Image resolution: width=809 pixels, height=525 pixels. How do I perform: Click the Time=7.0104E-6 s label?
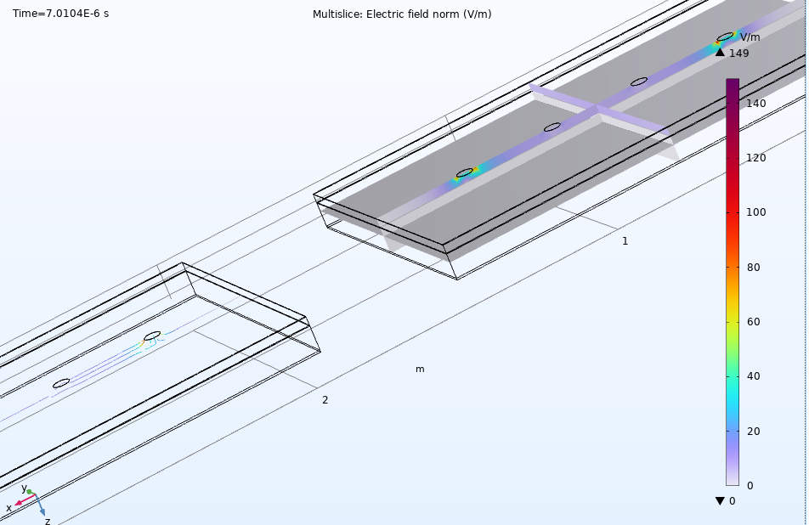tap(61, 14)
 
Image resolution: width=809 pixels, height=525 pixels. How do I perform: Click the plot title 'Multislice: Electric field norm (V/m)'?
tap(402, 14)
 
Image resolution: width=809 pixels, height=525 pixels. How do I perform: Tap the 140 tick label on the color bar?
tap(755, 103)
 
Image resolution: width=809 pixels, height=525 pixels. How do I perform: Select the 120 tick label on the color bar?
tap(755, 158)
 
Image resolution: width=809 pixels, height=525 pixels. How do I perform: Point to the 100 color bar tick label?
tap(755, 212)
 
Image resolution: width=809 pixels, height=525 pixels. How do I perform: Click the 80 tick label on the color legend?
tap(753, 267)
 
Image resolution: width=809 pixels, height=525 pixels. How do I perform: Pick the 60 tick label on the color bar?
tap(753, 322)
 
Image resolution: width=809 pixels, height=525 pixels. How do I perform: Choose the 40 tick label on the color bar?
tap(753, 376)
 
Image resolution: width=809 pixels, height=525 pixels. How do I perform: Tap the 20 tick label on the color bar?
tap(753, 432)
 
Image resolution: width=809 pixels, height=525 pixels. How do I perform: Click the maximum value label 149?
tap(738, 54)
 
